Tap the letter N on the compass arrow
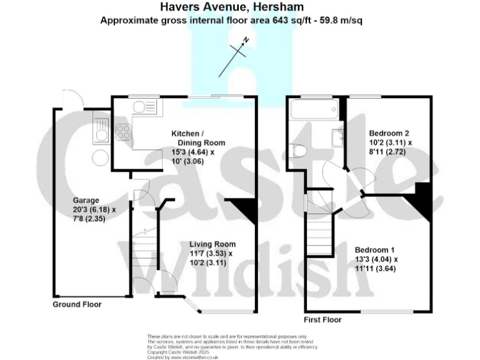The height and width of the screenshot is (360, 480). [247, 40]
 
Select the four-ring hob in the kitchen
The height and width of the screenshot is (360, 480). [122, 132]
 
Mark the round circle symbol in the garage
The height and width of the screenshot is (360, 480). [99, 159]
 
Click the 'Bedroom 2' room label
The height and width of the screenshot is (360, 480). [389, 133]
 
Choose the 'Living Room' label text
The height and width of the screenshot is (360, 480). [212, 244]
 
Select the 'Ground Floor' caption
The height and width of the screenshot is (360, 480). [76, 304]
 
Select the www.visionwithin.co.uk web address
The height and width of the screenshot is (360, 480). [193, 357]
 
